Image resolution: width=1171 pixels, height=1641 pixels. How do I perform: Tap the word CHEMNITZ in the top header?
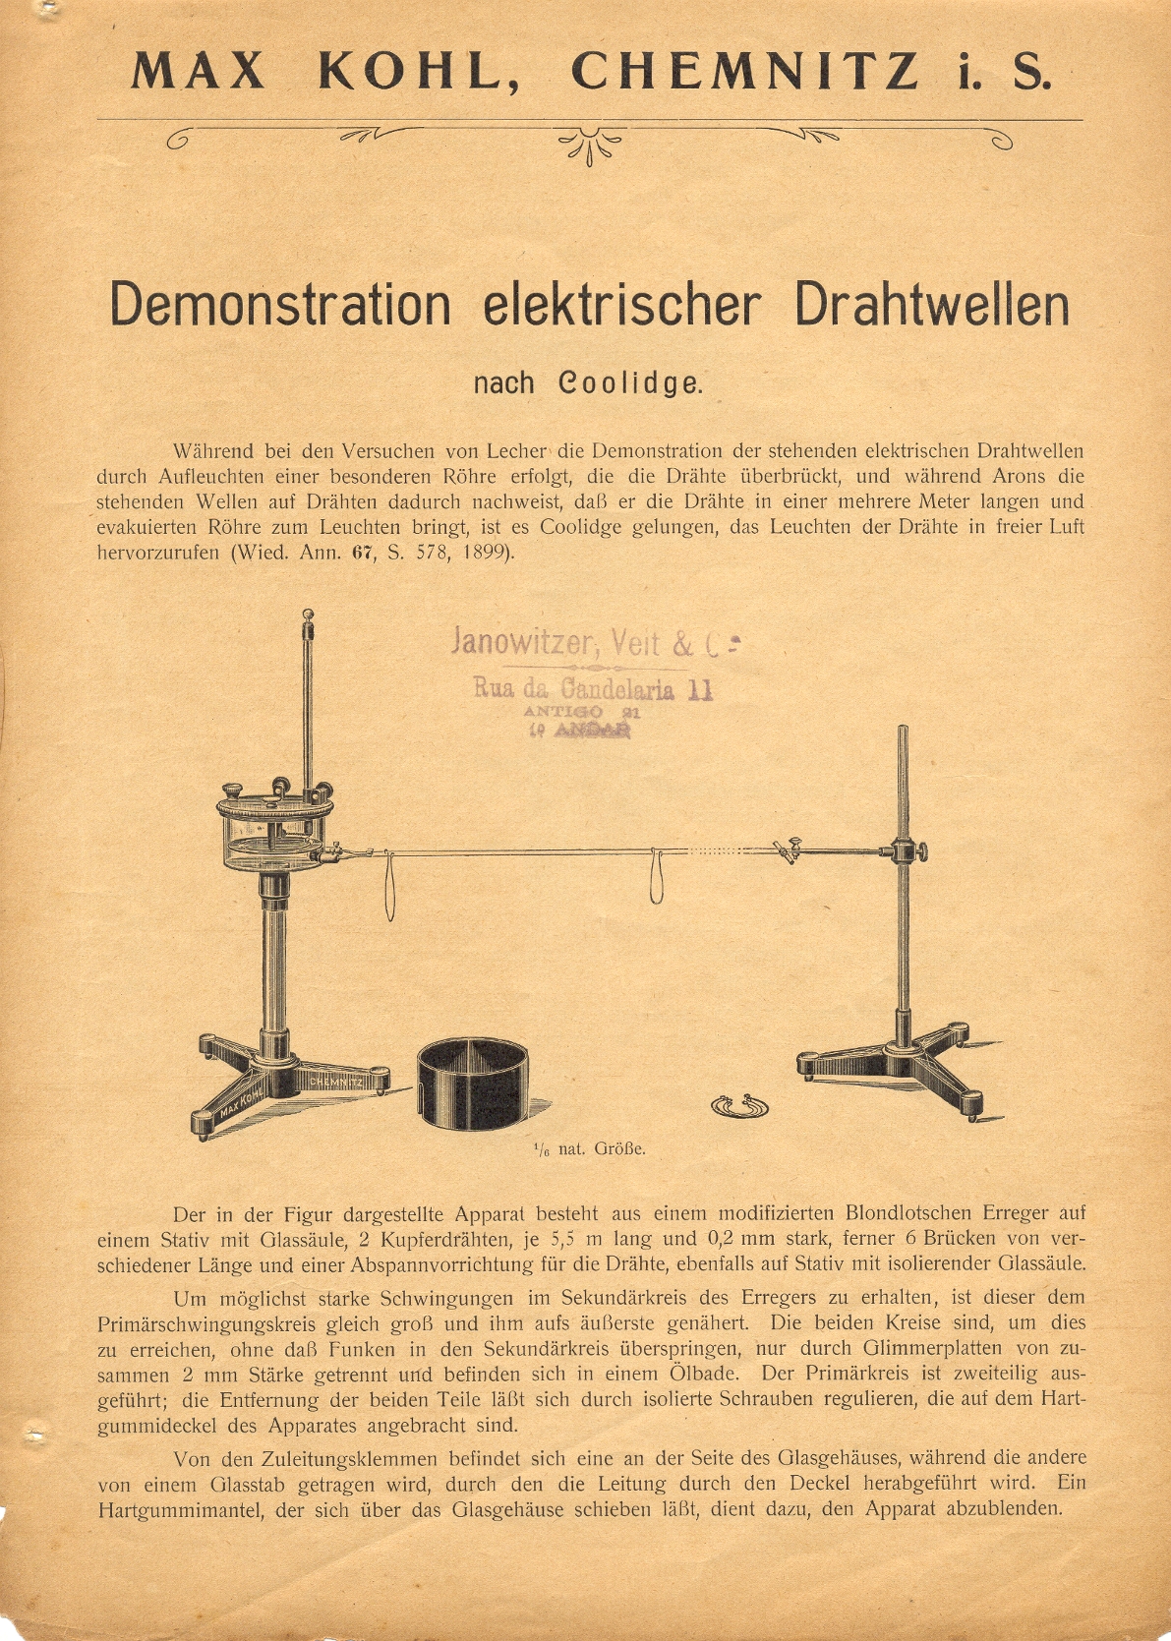[x=746, y=72]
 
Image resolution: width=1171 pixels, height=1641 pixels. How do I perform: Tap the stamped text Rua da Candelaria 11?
[x=593, y=688]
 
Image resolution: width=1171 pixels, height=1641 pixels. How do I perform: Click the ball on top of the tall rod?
[x=308, y=616]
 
